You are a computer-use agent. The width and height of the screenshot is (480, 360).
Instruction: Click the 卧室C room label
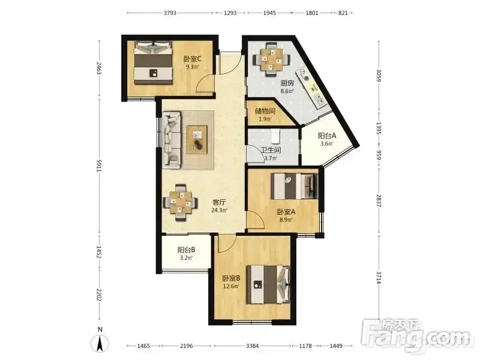192,58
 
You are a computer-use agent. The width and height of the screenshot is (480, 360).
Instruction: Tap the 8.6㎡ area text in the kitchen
287,91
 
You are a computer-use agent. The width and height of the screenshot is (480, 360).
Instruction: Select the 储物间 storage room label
265,111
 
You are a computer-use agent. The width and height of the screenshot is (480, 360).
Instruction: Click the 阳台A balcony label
327,136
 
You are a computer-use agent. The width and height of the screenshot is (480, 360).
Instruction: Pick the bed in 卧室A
294,186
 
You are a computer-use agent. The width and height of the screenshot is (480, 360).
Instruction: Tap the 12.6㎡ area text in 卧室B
231,286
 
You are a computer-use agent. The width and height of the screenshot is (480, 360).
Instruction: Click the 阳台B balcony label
186,250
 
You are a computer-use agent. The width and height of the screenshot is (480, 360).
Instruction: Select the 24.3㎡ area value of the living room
219,211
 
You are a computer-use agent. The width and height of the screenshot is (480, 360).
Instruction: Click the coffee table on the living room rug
197,140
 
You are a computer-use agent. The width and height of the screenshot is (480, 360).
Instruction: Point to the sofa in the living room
171,140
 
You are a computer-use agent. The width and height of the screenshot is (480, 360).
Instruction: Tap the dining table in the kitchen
271,59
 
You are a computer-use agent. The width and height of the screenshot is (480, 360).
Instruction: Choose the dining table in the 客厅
180,202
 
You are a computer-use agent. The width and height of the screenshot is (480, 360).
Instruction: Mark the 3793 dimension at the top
170,13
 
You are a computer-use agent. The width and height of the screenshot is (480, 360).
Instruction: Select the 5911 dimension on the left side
98,166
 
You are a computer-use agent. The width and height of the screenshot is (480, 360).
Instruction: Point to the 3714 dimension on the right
379,278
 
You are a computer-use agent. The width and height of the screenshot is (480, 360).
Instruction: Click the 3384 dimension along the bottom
252,346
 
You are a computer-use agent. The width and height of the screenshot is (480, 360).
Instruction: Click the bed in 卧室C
153,63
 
